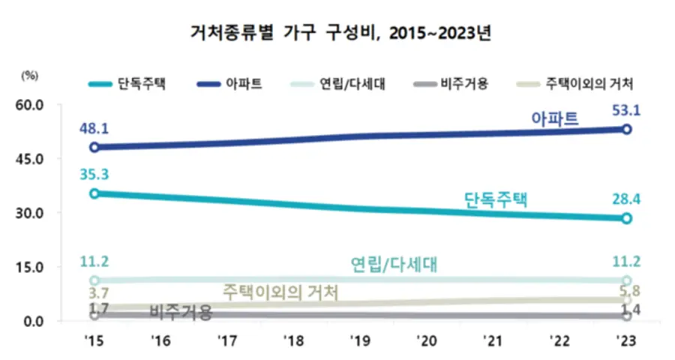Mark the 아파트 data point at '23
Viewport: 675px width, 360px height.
click(626, 129)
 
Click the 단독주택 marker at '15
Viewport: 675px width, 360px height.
click(94, 193)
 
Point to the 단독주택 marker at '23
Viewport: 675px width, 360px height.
click(626, 218)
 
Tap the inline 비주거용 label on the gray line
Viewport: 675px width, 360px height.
click(181, 310)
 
